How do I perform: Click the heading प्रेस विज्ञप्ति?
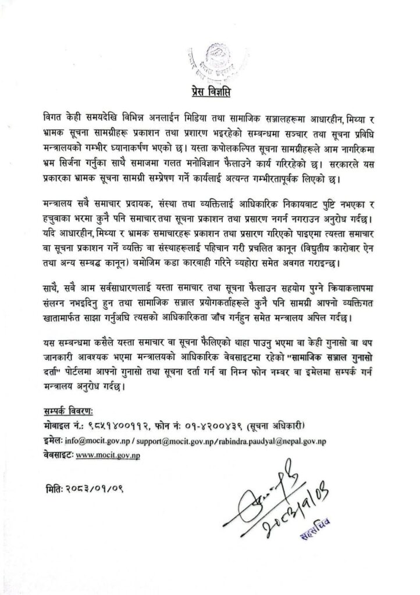[x=211, y=93]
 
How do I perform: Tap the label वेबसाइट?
[x=61, y=456]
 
